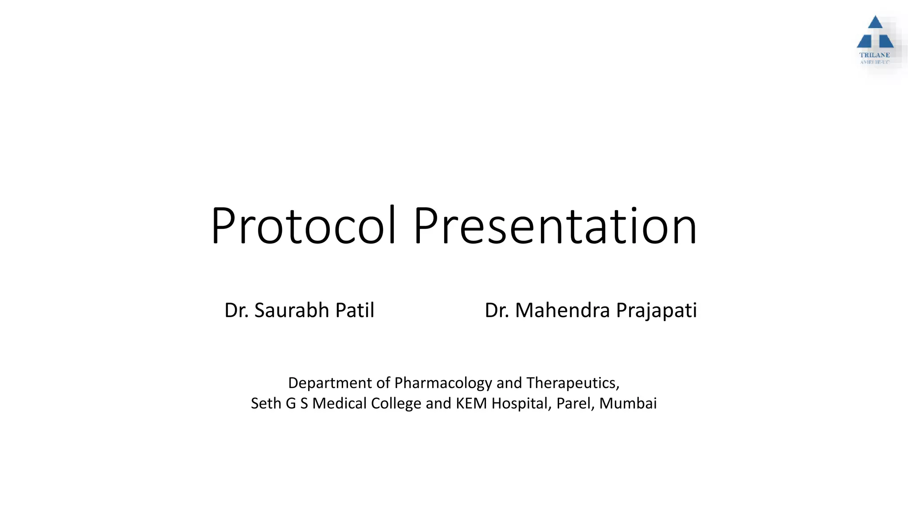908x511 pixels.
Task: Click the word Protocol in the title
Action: pyautogui.click(x=303, y=227)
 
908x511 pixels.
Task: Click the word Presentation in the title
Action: pyautogui.click(x=555, y=227)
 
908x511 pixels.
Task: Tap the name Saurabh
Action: pyautogui.click(x=292, y=311)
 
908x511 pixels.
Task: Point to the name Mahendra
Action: pyautogui.click(x=562, y=311)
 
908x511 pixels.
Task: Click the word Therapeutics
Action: pyautogui.click(x=572, y=383)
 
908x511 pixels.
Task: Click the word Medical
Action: pyautogui.click(x=339, y=404)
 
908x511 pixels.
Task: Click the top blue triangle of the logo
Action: pyautogui.click(x=875, y=23)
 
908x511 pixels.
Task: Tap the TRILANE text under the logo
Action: pyautogui.click(x=874, y=55)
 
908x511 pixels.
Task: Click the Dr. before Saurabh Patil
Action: pyautogui.click(x=236, y=311)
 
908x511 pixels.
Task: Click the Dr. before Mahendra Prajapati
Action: pyautogui.click(x=497, y=311)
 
